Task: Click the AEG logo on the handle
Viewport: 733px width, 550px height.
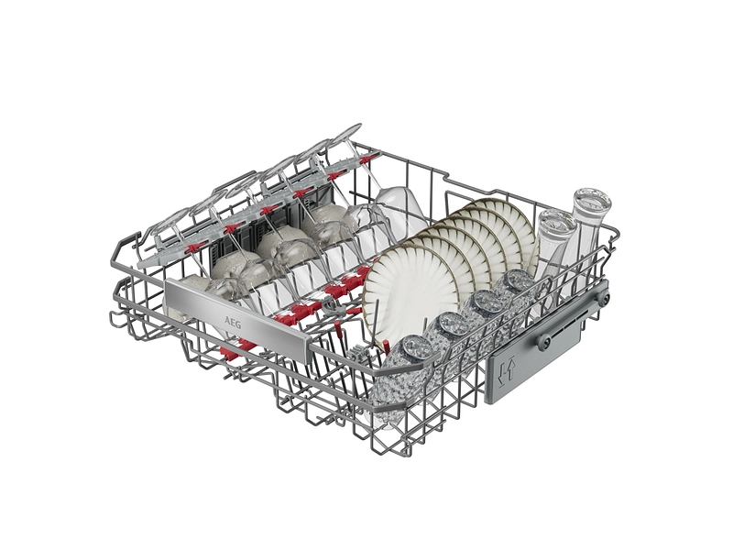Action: (232, 323)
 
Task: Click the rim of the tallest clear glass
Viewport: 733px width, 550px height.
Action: (592, 202)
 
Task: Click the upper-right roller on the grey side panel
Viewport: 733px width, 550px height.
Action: (602, 296)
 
